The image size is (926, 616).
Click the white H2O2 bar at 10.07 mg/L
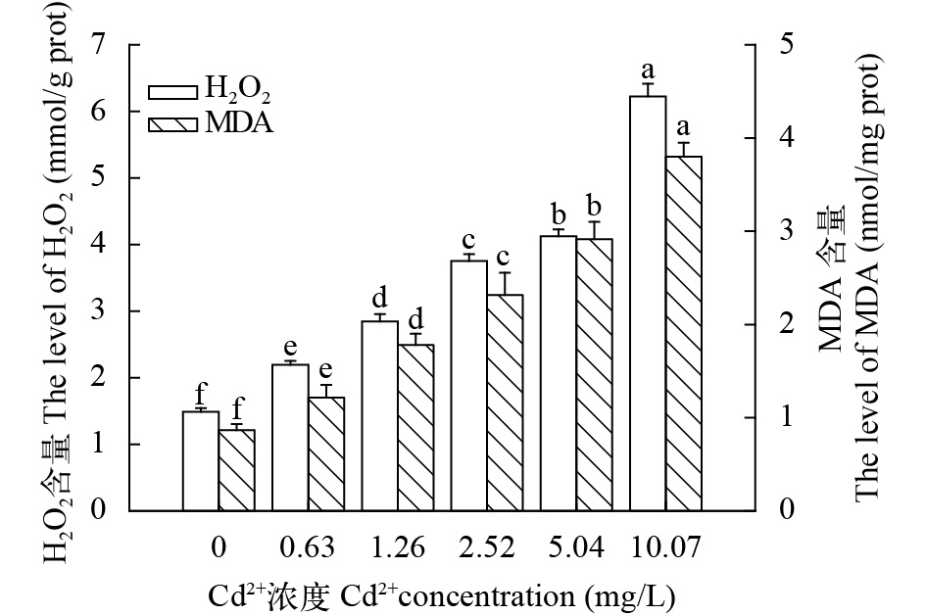(x=648, y=304)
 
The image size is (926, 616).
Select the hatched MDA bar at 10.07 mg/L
(x=684, y=333)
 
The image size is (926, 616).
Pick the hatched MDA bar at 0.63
(x=326, y=453)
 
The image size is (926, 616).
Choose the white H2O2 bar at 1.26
(x=380, y=415)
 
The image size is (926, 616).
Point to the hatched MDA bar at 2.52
(x=506, y=403)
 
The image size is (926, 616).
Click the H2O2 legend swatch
(x=174, y=92)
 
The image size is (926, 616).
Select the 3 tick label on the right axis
(x=785, y=232)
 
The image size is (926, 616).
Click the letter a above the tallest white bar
(x=647, y=71)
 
